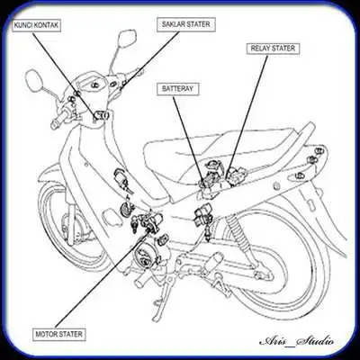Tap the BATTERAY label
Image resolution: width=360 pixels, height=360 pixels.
pyautogui.click(x=179, y=90)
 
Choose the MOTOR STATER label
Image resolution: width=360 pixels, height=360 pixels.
pyautogui.click(x=60, y=334)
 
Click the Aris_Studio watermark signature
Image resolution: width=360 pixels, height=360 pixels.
pyautogui.click(x=296, y=341)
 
